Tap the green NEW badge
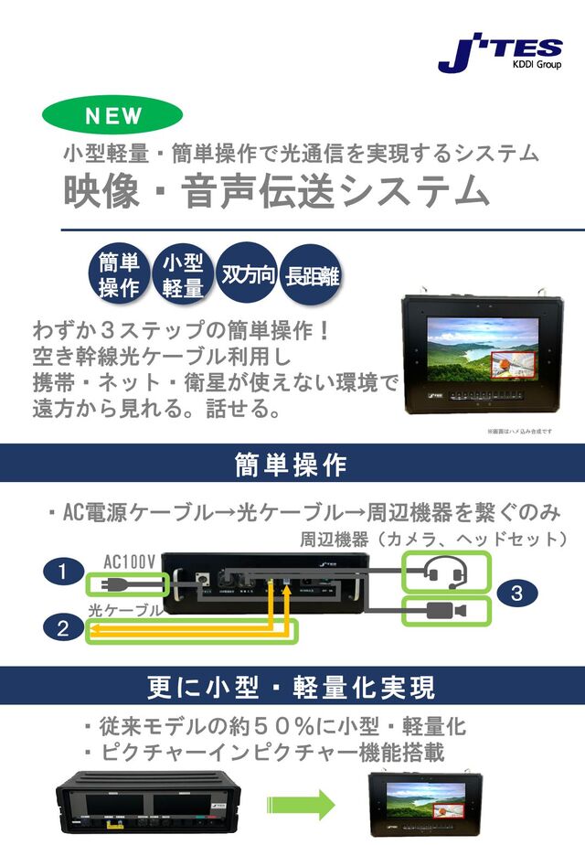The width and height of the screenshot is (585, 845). tap(112, 116)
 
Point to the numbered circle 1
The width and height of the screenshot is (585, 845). tap(62, 572)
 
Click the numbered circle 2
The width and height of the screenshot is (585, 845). tap(62, 627)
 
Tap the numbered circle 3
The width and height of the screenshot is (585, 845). tap(516, 594)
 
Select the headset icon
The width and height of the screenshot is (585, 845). tap(447, 572)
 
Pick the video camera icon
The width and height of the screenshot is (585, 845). tap(447, 611)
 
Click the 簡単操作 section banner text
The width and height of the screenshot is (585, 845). tap(292, 464)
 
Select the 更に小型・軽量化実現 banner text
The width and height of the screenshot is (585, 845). tap(292, 686)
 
